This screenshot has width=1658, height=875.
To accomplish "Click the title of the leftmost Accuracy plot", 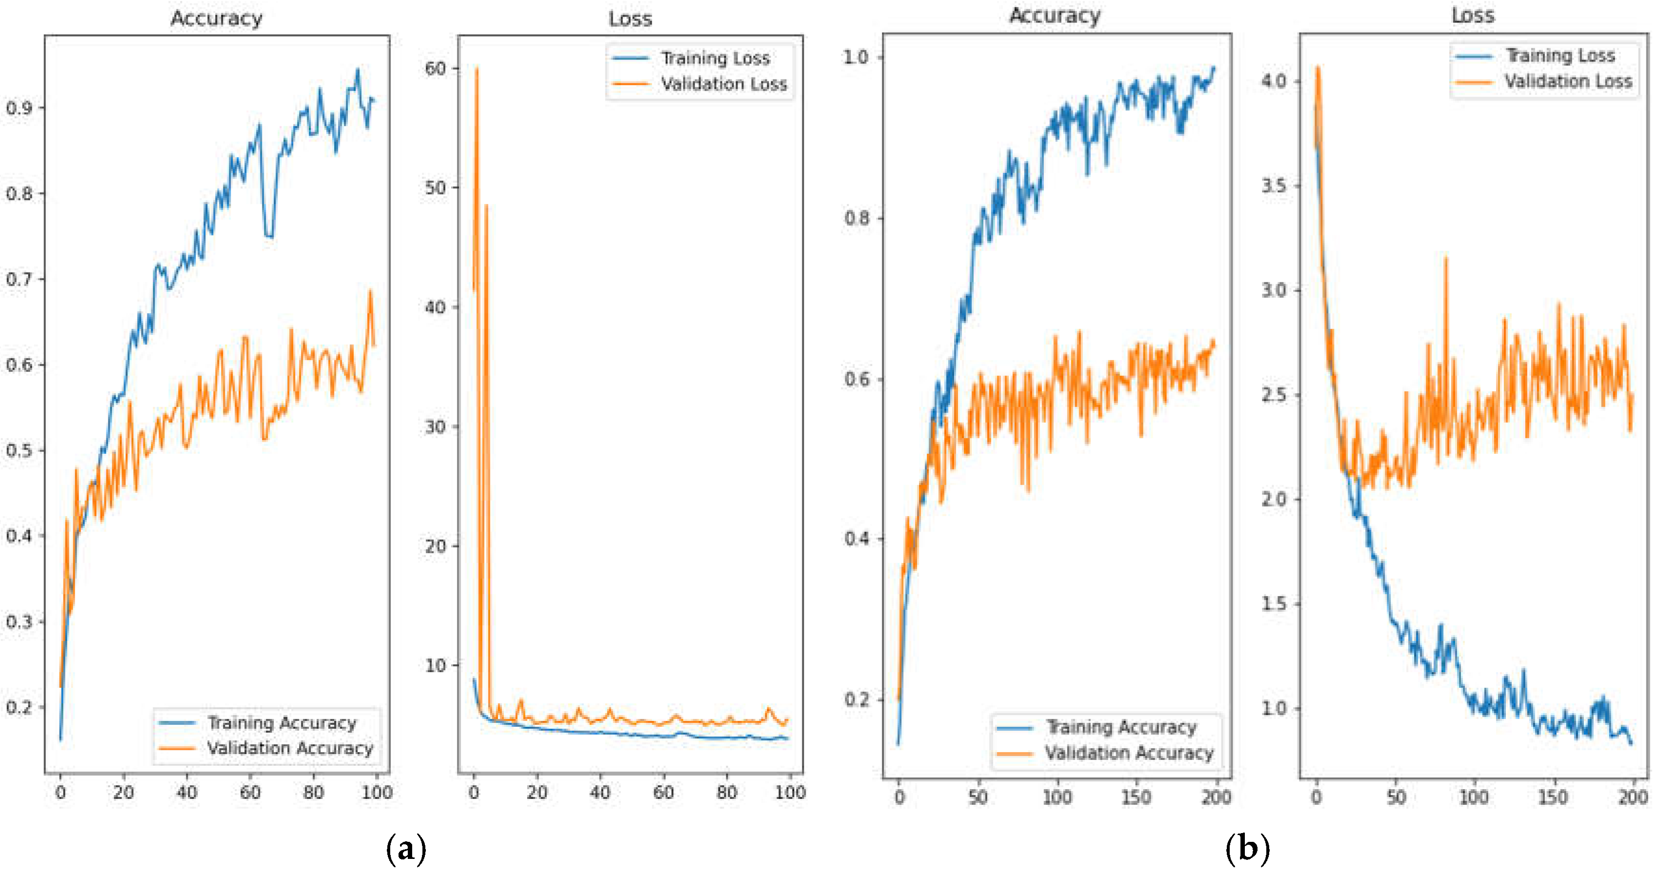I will tap(216, 18).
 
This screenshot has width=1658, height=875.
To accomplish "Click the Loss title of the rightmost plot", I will tap(1472, 16).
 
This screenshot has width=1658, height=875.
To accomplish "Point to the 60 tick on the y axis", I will tap(436, 68).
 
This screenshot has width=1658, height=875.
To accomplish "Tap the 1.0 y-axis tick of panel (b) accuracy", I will tap(856, 57).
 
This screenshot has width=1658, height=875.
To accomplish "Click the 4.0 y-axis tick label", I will tap(1273, 81).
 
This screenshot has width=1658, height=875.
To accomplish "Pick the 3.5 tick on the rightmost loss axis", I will tap(1273, 186).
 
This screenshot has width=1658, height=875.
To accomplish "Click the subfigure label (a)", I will tap(405, 849).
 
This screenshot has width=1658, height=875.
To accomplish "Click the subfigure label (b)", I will tap(1247, 849).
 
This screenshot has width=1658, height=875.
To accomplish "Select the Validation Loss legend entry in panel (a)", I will tap(723, 84).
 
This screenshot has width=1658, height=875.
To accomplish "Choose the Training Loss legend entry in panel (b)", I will tap(1559, 56).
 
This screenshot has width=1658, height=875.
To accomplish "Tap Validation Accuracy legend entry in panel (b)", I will tap(1128, 753).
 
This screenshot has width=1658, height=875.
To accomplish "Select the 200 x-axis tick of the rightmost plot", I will tap(1632, 798).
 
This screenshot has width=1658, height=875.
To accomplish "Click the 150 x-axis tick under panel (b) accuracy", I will tap(1136, 798).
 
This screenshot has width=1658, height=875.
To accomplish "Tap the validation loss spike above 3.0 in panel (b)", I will tap(1446, 259).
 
